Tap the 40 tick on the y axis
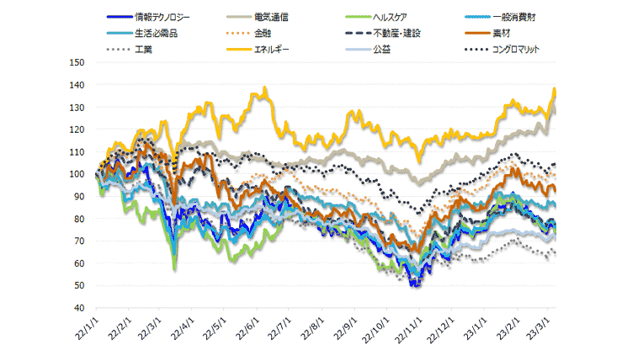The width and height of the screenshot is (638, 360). (79, 308)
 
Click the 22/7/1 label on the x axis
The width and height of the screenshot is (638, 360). (279, 331)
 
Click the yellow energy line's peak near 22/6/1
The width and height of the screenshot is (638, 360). (265, 87)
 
